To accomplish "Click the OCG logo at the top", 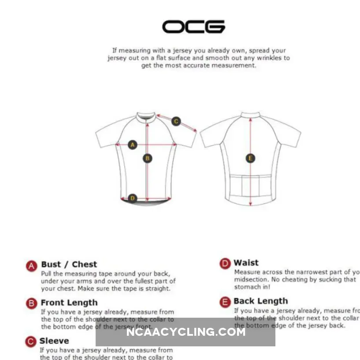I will tap(193, 27).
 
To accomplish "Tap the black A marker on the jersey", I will tap(133, 145).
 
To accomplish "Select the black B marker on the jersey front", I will tap(148, 158).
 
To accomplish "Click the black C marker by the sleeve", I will tap(176, 121).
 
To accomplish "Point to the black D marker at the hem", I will tap(133, 198).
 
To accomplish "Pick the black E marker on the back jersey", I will tap(250, 158).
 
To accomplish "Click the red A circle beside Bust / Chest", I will tap(31, 265).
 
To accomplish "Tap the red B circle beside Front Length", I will tap(31, 303).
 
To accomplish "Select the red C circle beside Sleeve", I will tap(30, 341).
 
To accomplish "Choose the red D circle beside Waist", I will tap(225, 264).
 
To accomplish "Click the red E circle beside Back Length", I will tap(225, 302).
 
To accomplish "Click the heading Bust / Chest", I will tap(69, 264).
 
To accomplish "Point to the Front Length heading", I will tap(69, 303).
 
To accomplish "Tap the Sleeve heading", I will tap(54, 341).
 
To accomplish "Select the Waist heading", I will tap(246, 263).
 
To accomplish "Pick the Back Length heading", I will tap(260, 301).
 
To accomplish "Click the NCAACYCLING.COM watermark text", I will tap(186, 332).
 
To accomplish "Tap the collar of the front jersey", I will tap(146, 117).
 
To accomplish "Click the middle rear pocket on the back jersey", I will tap(250, 185).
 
